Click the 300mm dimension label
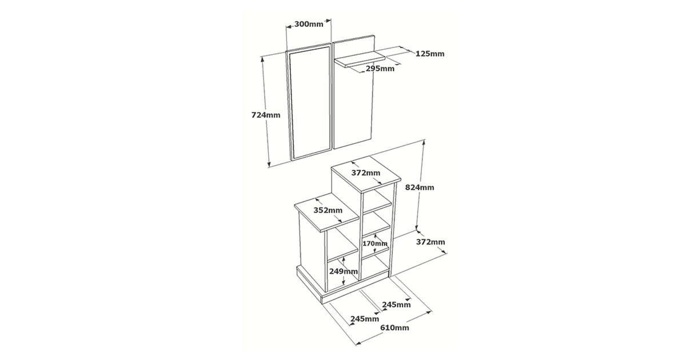point(309,24)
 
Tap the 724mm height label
point(266,115)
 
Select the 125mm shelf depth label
point(430,54)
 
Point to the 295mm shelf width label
point(380,69)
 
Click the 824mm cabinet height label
point(420,187)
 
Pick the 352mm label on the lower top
point(328,210)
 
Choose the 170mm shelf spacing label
point(375,243)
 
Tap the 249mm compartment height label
point(344,271)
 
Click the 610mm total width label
point(394,328)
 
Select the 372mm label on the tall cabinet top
point(366,173)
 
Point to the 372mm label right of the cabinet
point(430,242)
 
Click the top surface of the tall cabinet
point(366,174)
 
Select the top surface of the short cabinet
point(328,211)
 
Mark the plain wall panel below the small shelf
point(353,107)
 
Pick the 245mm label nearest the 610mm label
point(365,319)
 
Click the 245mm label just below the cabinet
point(396,305)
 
